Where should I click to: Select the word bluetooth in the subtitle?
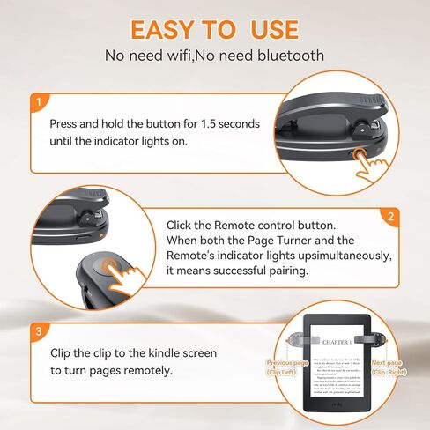point(287,56)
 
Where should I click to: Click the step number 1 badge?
point(38,101)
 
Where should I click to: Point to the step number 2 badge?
point(390,216)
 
